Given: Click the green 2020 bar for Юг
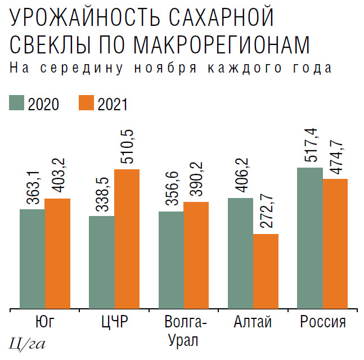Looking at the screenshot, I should click(x=32, y=259).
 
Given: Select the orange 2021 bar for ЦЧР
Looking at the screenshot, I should click(x=127, y=238).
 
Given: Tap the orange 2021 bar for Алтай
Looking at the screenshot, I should click(x=266, y=271).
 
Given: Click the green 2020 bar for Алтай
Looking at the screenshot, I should click(x=240, y=253).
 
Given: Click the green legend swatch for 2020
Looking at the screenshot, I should click(x=16, y=103).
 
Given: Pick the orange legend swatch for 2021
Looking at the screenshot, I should click(x=86, y=103).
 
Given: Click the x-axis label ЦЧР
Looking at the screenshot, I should click(x=114, y=323).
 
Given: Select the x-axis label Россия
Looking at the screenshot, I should click(x=322, y=323).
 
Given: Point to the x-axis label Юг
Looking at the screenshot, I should click(x=45, y=323).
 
